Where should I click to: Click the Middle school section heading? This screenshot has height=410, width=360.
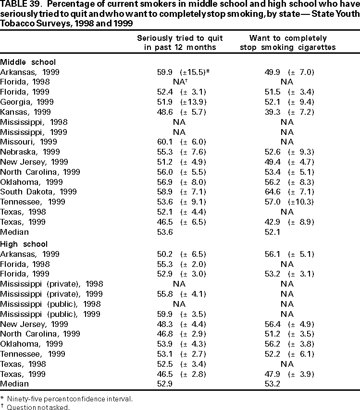click(28, 62)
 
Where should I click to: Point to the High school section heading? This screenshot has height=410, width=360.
click(24, 244)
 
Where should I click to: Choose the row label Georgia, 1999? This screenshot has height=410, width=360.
click(27, 102)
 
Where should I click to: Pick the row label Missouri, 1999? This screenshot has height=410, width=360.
click(29, 142)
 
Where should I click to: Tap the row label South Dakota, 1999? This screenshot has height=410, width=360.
click(38, 192)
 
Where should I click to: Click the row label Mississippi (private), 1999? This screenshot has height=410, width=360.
click(51, 294)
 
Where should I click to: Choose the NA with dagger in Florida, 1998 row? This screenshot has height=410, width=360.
click(179, 82)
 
